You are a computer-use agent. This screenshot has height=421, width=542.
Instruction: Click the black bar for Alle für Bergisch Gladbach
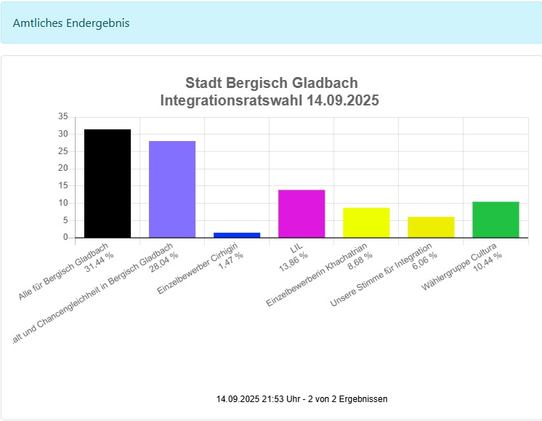tap(108, 183)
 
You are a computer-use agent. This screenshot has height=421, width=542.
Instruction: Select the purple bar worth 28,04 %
tap(172, 189)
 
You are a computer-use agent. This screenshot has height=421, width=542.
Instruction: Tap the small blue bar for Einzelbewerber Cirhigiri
tap(237, 235)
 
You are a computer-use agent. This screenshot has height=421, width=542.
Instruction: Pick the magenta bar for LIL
tap(302, 213)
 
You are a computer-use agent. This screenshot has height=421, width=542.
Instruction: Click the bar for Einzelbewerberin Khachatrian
tap(366, 222)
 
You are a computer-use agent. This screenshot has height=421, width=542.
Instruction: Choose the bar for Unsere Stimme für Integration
tap(431, 227)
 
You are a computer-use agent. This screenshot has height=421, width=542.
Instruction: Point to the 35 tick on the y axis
tap(62, 116)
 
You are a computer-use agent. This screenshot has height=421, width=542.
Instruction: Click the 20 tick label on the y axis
tap(62, 168)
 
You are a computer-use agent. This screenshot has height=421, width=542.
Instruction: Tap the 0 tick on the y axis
tap(65, 237)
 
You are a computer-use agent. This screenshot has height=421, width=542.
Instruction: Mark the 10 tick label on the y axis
tap(62, 203)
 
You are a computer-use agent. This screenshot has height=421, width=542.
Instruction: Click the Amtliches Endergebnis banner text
tap(71, 23)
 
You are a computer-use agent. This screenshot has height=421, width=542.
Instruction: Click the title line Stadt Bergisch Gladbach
tap(271, 83)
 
